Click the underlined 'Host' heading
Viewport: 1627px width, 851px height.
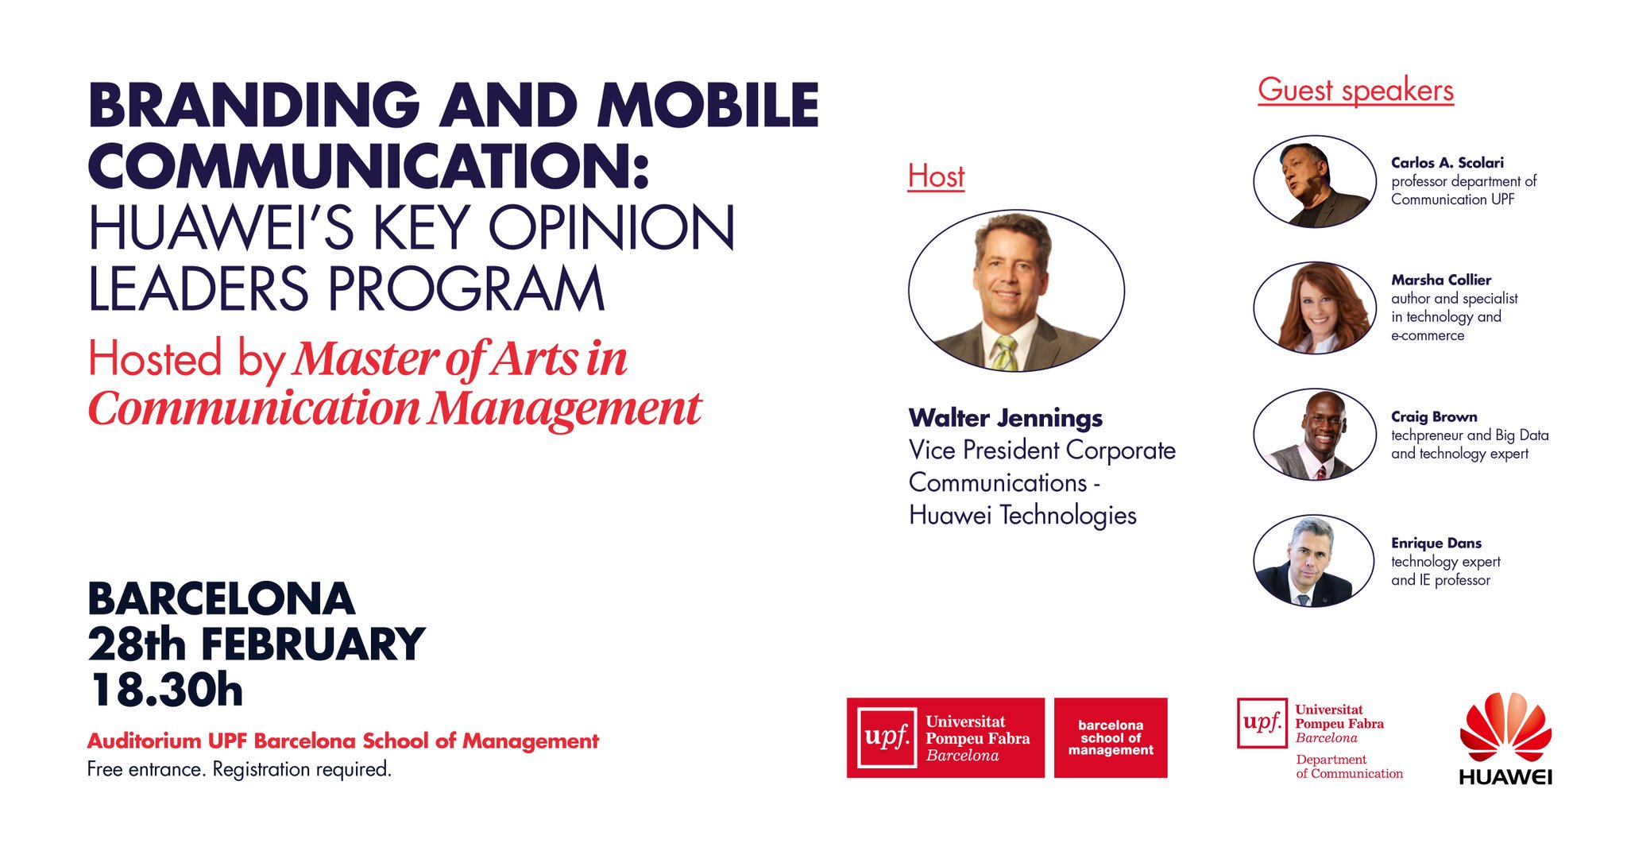(936, 176)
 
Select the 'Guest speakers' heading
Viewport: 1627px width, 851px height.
(1355, 91)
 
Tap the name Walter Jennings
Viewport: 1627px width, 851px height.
(1005, 418)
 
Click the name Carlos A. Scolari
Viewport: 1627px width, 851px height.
(1447, 162)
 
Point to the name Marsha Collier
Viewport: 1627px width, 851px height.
(1440, 280)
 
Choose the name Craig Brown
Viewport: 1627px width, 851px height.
(1434, 416)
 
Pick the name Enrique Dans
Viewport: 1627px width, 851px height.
(1436, 543)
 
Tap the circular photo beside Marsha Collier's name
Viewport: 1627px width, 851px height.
(1315, 308)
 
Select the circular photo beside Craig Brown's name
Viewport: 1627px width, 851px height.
(1315, 435)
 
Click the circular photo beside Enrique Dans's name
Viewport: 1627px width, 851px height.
(1314, 561)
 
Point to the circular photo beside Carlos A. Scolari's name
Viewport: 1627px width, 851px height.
(1315, 181)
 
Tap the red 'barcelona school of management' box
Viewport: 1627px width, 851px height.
(1111, 737)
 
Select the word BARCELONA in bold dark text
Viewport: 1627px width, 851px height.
(221, 599)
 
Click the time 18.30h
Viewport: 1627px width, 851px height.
(166, 690)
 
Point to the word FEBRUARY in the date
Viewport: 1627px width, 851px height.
(313, 644)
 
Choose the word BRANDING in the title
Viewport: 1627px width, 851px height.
(254, 105)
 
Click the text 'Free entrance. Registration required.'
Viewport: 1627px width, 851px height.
(239, 769)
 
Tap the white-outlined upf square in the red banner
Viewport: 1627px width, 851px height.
(887, 737)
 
